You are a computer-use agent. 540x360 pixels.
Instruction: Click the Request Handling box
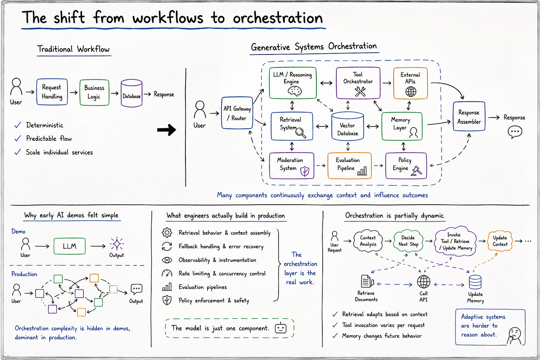pos(52,92)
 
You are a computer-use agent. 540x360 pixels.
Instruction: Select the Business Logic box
pos(94,93)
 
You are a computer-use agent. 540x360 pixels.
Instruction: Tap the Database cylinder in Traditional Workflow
pos(131,93)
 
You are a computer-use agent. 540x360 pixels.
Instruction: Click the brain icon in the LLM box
pos(294,91)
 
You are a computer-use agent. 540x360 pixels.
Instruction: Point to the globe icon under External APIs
pos(411,92)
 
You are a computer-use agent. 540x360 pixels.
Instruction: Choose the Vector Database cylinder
pos(348,126)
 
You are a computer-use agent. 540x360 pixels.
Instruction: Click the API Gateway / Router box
pos(237,113)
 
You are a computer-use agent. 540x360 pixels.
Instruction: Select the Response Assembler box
pos(469,116)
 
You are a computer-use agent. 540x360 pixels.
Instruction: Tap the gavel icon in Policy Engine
pos(416,171)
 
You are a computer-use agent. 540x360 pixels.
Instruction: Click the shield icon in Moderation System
pos(305,171)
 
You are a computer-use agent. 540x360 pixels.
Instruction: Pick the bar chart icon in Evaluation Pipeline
pos(362,171)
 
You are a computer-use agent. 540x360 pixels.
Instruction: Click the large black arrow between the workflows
pos(167,130)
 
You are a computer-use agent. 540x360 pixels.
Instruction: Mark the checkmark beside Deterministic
pos(18,125)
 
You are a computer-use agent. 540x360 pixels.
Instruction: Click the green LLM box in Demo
pos(69,246)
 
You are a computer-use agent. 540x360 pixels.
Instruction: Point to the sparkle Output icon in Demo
pos(117,244)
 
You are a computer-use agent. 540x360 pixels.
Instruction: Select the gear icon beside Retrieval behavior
pos(167,232)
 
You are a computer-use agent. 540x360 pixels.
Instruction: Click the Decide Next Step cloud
pos(408,241)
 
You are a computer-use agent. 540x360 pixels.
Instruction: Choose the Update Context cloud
pos(500,241)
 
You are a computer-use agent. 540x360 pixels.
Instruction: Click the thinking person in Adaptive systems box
pos(514,336)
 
